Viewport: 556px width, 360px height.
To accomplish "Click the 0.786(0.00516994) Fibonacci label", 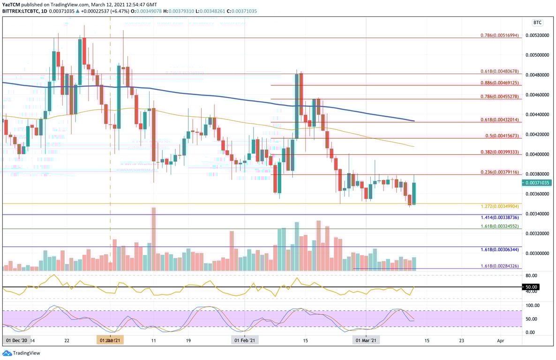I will click(x=500, y=36).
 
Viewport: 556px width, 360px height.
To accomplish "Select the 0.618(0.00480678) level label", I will click(x=500, y=71).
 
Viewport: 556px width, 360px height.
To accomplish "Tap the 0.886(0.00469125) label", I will click(x=500, y=83).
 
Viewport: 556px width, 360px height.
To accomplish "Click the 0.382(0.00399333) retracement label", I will click(x=500, y=152).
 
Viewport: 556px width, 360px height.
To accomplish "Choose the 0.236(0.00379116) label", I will click(x=500, y=172).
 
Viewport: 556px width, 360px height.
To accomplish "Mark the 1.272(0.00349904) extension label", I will click(x=500, y=206).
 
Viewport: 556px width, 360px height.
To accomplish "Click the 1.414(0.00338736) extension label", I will click(x=500, y=218).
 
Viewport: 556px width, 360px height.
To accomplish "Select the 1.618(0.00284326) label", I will click(x=500, y=266).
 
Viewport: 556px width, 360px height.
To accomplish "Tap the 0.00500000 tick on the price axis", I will click(x=537, y=55).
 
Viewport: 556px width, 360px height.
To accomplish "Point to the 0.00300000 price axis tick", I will click(x=537, y=254).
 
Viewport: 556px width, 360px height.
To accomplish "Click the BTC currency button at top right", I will click(x=537, y=22).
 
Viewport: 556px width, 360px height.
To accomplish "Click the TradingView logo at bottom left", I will click(x=22, y=353).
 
